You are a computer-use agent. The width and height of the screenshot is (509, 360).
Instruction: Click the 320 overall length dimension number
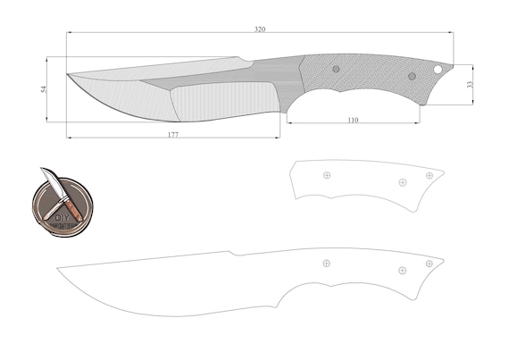(x=260, y=29)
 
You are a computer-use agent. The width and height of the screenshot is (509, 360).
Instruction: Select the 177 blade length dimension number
(x=173, y=134)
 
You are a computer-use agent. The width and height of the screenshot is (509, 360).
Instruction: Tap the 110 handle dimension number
(x=353, y=120)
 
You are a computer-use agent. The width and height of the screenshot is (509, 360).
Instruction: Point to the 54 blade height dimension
(x=44, y=89)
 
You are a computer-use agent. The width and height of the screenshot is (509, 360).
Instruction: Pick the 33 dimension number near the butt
(x=470, y=84)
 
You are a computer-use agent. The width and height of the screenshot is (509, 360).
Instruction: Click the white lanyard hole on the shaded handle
(x=438, y=69)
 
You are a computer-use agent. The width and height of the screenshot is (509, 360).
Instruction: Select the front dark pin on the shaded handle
(x=336, y=69)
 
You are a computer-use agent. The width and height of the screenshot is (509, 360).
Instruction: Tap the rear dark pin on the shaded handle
(x=412, y=76)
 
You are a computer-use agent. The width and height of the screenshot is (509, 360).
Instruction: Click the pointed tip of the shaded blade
(x=67, y=74)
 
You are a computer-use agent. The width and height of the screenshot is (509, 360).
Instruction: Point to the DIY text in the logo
(x=62, y=217)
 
